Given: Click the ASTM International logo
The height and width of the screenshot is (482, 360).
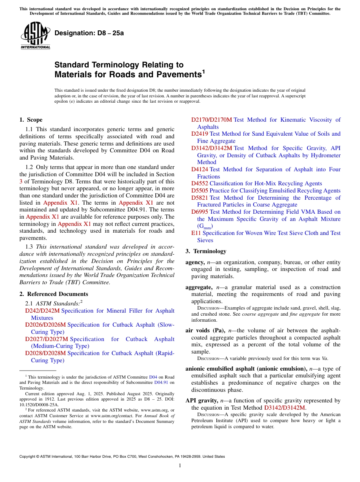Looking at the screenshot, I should pos(35,36).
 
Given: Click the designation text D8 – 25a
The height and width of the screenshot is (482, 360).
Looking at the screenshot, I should pos(89,33).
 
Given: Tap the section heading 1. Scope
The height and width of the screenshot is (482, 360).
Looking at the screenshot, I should pos(31,120).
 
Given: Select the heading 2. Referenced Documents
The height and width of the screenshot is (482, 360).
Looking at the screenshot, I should pos(53,294).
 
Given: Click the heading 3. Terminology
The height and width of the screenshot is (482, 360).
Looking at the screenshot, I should pos(206,251).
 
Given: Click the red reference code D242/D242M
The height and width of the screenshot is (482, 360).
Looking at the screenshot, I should pos(42,311).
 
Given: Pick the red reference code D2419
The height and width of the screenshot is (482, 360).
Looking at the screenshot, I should pos(199,134).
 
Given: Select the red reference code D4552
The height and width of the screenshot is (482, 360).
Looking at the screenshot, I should pos(199,183).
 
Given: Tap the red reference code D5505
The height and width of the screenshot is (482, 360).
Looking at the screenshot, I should pos(199,191).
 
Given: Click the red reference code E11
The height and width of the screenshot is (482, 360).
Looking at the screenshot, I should pos(196,233).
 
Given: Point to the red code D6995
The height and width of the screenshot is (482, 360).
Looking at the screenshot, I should pos(199,212).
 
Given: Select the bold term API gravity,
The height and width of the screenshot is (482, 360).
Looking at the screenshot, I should pos(202,401).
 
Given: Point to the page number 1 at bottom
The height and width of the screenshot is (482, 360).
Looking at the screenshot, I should pos(180,466).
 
